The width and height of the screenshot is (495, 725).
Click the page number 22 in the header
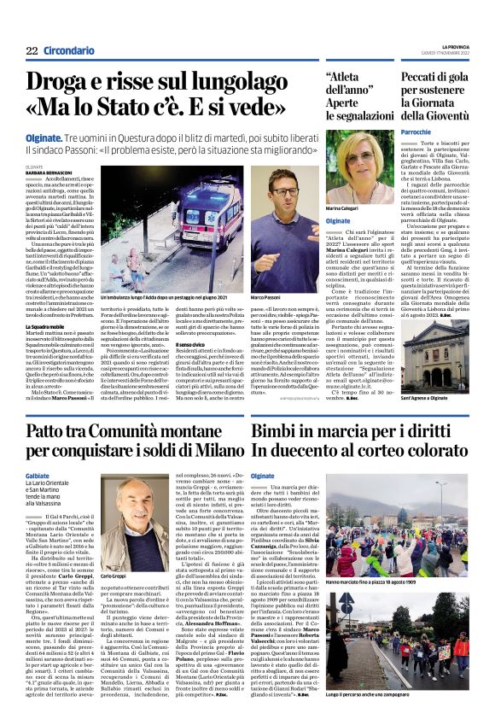pyautogui.click(x=32, y=51)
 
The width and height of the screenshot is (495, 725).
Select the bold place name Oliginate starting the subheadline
pyautogui.click(x=53, y=137)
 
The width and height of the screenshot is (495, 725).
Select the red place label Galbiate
pyautogui.click(x=38, y=476)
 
